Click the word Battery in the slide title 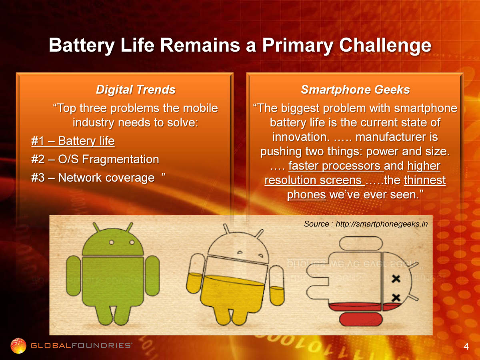pos(82,46)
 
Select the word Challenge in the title pos(385,46)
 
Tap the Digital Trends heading pos(136,90)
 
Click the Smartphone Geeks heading pos(355,90)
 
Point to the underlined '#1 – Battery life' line pos(73,141)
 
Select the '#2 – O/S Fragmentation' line pos(95,159)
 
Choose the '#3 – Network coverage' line pos(93,178)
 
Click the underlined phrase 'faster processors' pos(336,166)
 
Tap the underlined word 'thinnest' pos(425,180)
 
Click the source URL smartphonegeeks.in pos(382,224)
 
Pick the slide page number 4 pos(466,346)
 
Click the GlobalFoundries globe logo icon pos(18,346)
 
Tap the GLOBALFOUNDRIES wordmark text pos(81,346)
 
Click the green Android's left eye pos(112,242)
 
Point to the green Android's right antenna pos(130,228)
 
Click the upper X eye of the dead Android pos(396,279)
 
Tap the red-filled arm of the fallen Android pos(361,319)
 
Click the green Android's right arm pos(152,276)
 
